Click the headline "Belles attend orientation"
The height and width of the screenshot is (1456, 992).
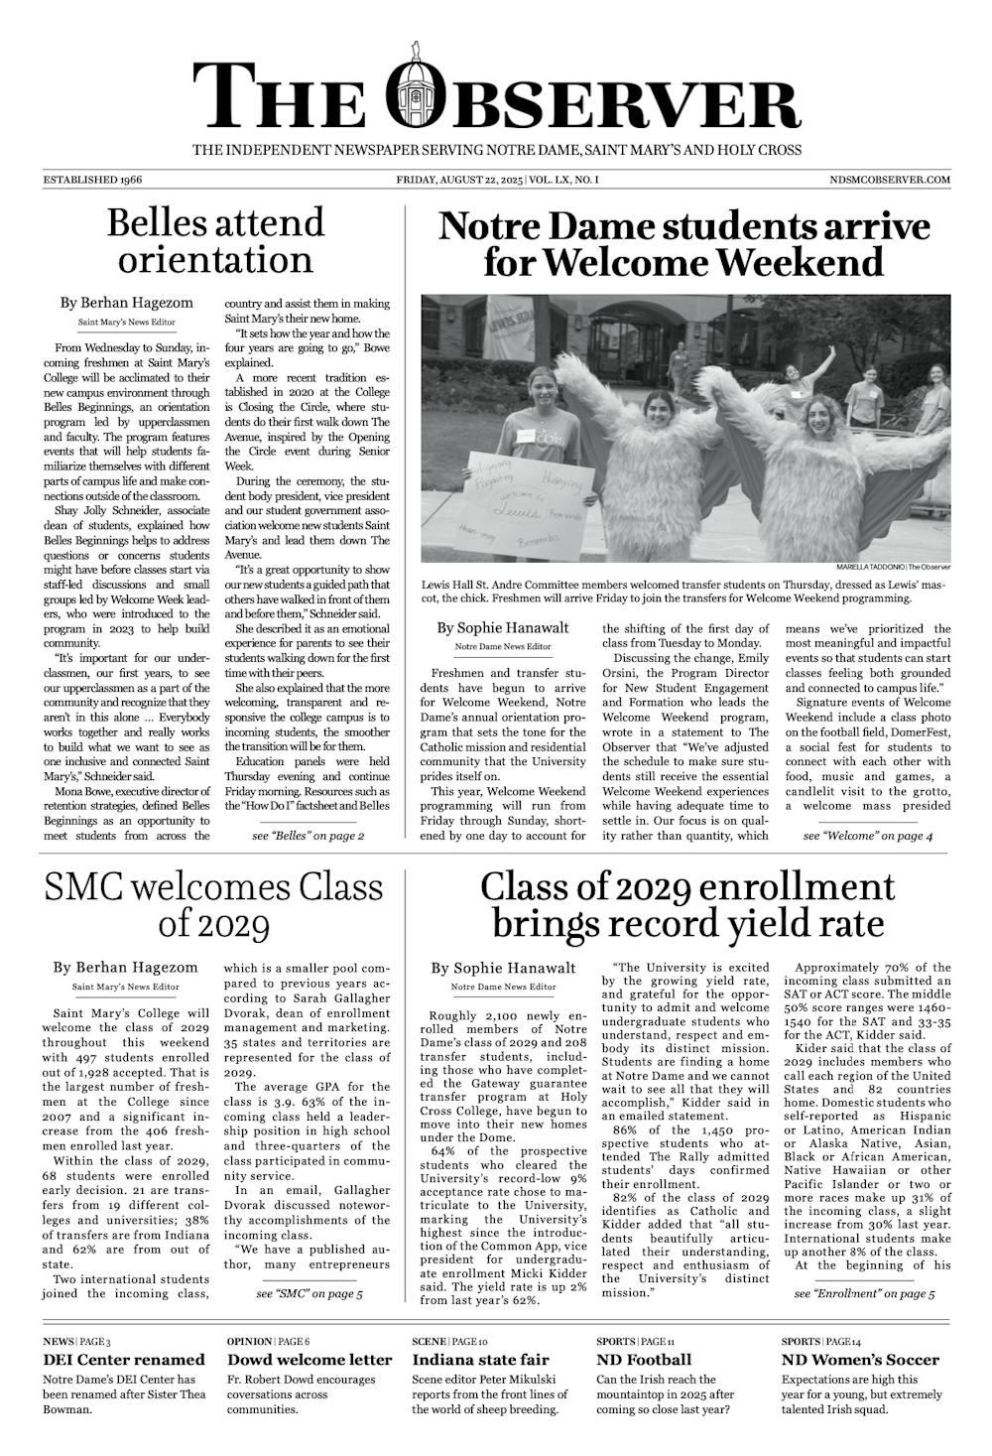[215, 240]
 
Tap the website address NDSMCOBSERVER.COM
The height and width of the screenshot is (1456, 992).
[890, 180]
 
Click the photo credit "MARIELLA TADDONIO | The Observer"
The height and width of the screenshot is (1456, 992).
[893, 567]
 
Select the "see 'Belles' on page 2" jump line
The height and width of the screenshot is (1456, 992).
[309, 836]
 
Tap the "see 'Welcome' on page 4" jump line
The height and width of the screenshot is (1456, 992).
[868, 837]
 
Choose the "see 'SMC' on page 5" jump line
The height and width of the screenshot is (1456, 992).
[309, 1294]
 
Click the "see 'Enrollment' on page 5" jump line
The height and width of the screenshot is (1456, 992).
[864, 1294]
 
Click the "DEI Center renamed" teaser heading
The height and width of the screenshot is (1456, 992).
[124, 1360]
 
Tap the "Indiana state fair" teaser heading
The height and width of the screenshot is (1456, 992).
[480, 1360]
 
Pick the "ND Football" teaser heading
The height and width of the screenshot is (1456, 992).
[644, 1360]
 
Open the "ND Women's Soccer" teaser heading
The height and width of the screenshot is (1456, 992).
[860, 1360]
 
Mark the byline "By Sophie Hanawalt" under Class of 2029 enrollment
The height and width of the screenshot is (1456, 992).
[503, 968]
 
